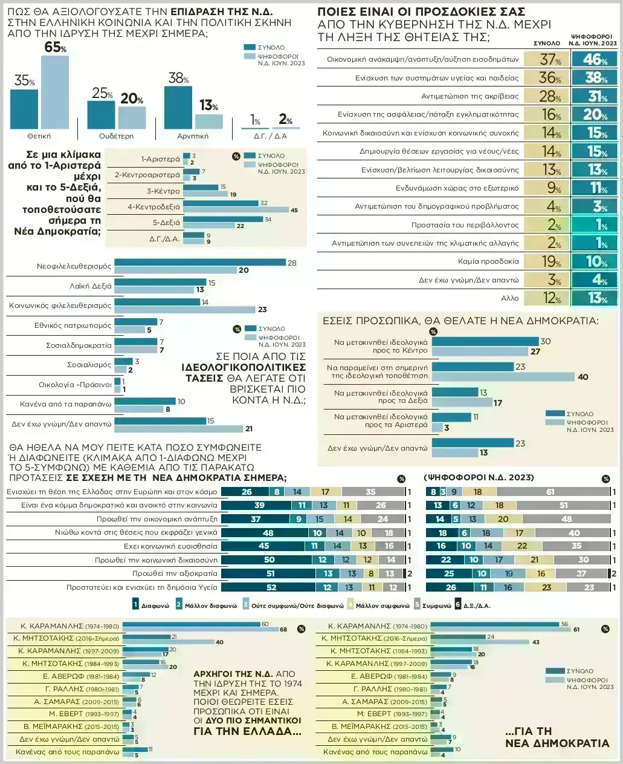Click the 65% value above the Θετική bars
tap(55, 47)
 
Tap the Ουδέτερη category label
tap(116, 136)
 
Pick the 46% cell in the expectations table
tap(595, 59)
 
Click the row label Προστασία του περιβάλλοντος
tap(465, 225)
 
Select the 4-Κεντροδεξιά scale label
tap(153, 206)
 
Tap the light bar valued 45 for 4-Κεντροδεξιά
tap(236, 210)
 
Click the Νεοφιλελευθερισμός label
tap(74, 266)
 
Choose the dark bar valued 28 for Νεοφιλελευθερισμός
tap(200, 263)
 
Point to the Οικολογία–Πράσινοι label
tap(75, 384)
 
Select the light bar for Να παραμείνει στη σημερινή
tap(503, 377)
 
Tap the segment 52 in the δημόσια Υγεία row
tap(271, 587)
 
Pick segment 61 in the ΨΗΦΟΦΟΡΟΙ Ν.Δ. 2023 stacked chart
tap(550, 492)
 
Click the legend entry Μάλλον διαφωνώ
tap(202, 604)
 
